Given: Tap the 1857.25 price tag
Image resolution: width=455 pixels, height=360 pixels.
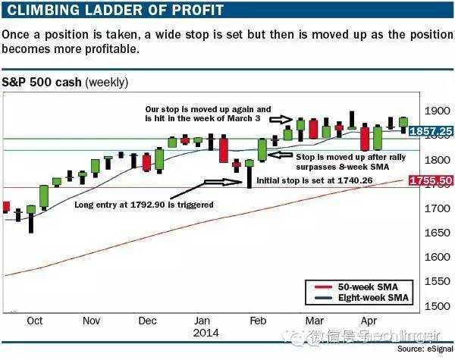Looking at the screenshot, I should (x=431, y=131).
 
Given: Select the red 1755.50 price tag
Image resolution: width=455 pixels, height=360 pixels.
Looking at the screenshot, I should (x=431, y=181).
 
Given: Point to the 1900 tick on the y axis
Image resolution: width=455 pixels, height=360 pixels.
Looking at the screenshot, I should (x=425, y=111).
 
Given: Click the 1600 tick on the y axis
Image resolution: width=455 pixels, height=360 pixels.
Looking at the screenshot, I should (x=425, y=257).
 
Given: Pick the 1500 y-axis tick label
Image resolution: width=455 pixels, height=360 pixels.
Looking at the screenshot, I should (x=425, y=306).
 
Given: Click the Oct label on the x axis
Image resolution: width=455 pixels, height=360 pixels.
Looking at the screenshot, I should (x=34, y=321).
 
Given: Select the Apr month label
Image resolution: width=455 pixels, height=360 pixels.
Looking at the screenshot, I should (x=369, y=321).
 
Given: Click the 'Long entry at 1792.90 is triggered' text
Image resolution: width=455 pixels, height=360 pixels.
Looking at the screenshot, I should (x=143, y=205).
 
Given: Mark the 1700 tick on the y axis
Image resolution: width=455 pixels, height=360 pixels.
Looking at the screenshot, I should (x=425, y=208).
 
